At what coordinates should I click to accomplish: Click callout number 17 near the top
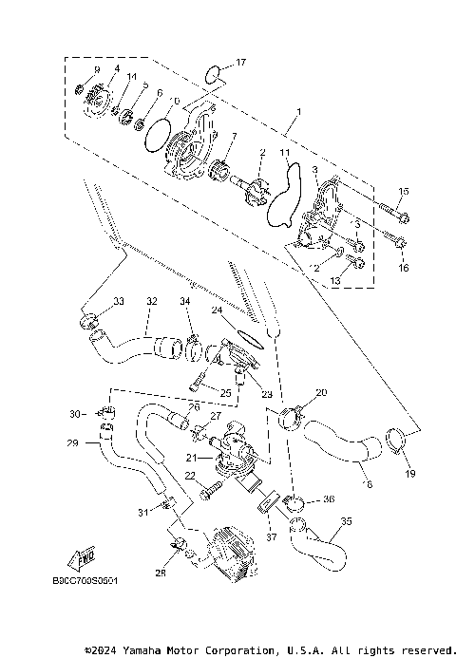click(240, 63)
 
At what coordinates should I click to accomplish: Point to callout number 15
click(403, 192)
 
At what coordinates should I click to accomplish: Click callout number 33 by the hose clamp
click(119, 301)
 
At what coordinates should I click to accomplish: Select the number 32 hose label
click(151, 302)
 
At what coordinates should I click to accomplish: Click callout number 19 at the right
click(411, 473)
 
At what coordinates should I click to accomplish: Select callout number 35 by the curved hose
click(346, 521)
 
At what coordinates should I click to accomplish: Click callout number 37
click(271, 536)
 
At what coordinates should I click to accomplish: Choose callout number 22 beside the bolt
click(190, 476)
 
